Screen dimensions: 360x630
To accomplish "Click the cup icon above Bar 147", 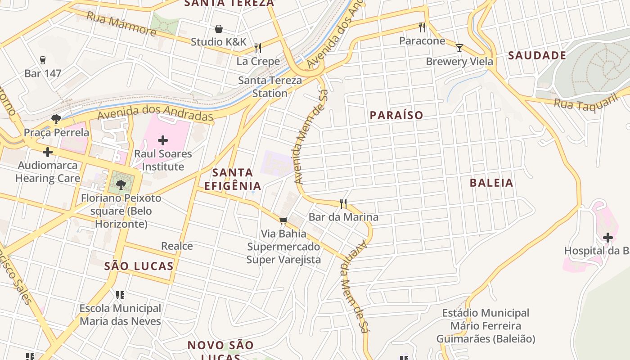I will pos(43,60).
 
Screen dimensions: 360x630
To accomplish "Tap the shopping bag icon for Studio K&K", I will pos(219,29).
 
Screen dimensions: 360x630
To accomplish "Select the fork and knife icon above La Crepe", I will pos(258,48).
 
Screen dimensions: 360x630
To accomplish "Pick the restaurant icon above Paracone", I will pos(422,27).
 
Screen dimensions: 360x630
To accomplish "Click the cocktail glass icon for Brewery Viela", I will pos(459,48).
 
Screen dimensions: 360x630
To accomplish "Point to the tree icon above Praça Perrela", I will pos(56,119).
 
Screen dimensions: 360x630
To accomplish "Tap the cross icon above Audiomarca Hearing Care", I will pos(47,152).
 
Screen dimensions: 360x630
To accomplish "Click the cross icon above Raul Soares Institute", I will pos(163,140).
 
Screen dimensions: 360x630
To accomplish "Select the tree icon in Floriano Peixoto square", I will pos(121,184).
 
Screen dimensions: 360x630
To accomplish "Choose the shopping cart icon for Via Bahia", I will pos(283,220).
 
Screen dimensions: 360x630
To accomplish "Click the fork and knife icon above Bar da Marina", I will pos(343,204).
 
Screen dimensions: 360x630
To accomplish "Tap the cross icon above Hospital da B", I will pos(608,237).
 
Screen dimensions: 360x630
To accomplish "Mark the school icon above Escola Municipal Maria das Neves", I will pos(120,295).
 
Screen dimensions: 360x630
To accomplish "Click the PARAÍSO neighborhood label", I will pos(396,115).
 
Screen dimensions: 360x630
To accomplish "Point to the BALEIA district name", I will pos(491,183).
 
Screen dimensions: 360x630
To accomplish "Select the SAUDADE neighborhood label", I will pos(537,56).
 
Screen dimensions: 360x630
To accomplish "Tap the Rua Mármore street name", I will pos(121,23).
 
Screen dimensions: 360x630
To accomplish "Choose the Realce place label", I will pos(177,246).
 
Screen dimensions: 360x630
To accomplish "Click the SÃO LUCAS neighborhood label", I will pos(139,266).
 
